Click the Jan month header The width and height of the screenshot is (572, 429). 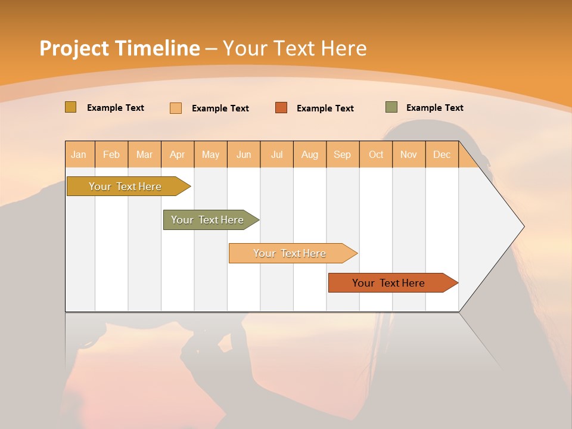click(x=79, y=154)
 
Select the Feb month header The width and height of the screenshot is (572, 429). click(x=111, y=154)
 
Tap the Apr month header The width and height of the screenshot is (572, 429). click(x=177, y=154)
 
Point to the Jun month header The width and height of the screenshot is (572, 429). click(x=244, y=154)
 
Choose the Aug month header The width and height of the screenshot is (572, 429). click(x=309, y=154)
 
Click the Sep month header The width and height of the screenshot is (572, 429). click(x=342, y=154)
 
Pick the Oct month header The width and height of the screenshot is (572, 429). click(x=376, y=154)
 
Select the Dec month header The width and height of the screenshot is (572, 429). click(x=442, y=154)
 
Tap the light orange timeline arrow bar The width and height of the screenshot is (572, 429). click(x=290, y=253)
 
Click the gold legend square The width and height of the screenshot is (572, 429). click(x=70, y=107)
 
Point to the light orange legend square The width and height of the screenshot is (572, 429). click(x=176, y=108)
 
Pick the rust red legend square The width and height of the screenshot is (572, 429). click(x=281, y=108)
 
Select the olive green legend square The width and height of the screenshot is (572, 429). click(x=391, y=107)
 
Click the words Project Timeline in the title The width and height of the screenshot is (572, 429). click(x=119, y=48)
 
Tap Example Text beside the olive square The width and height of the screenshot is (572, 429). click(x=434, y=108)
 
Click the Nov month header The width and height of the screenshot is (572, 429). click(x=408, y=154)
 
